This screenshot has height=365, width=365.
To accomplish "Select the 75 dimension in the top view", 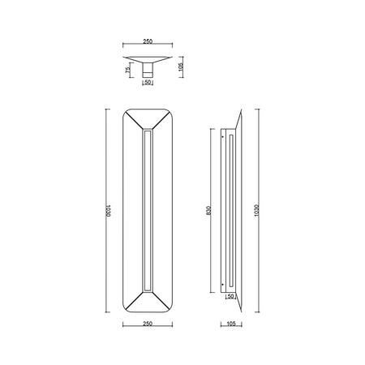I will pos(127,71).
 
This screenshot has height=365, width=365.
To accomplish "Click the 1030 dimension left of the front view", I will pos(106,212).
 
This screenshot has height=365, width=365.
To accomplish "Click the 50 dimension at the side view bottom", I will pos(231,297).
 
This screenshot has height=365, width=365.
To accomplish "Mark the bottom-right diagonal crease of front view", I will pos(160,302).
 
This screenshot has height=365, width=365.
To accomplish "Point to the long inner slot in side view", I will pos(231,210).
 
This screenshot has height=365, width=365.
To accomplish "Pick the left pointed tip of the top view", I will pos(124,58).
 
